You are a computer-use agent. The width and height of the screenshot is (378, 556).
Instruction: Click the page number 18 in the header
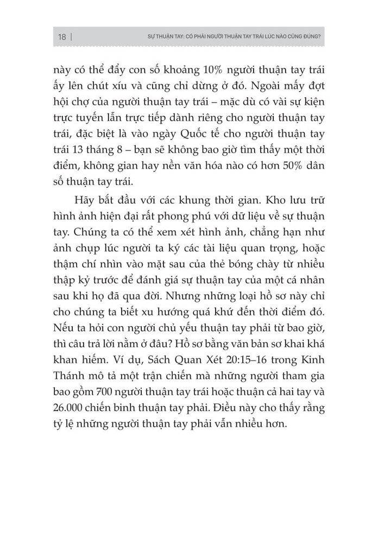61,37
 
